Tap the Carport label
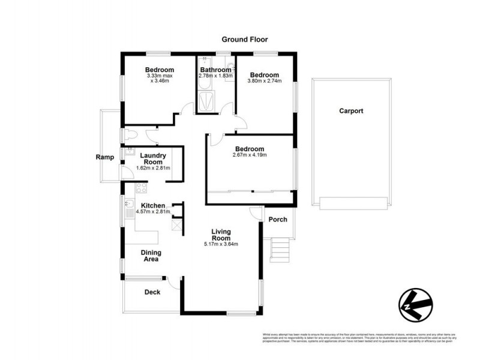tap(351, 111)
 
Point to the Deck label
tap(152, 292)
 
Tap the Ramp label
tap(105, 157)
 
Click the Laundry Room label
tap(153, 159)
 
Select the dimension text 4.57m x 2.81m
tap(154, 212)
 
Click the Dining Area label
tap(150, 256)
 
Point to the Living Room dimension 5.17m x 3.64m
tap(221, 244)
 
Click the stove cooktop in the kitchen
tap(142, 188)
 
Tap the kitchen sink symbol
tap(128, 209)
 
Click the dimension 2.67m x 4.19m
tap(250, 155)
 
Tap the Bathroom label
tap(215, 70)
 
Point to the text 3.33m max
tap(160, 76)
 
